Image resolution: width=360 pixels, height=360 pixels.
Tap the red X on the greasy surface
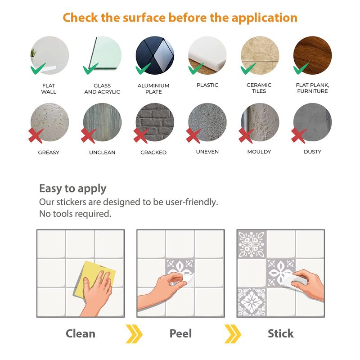tap(36, 135)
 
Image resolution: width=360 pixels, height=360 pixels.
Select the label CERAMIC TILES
tap(259, 88)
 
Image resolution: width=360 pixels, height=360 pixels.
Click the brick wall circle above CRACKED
tap(155, 122)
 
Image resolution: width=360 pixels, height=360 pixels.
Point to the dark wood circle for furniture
tap(312, 55)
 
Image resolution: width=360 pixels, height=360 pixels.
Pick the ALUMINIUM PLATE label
tap(153, 89)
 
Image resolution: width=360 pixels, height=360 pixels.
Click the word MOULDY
tap(259, 152)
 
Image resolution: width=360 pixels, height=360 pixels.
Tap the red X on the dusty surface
tap(299, 135)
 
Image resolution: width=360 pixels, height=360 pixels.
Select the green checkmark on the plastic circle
tap(195, 68)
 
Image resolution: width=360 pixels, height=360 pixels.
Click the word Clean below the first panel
tap(81, 333)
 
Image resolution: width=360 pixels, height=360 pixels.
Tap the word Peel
tap(180, 333)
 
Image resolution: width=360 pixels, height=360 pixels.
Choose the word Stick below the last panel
tap(280, 333)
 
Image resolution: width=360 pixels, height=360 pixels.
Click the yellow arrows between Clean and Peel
tap(134, 334)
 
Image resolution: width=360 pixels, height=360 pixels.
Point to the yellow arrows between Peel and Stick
tap(233, 334)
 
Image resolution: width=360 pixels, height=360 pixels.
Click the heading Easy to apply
tap(73, 189)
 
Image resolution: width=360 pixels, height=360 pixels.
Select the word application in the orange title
tap(265, 18)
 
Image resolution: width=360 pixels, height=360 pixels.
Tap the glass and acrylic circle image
tap(102, 55)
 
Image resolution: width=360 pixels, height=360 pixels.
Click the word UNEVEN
tap(207, 152)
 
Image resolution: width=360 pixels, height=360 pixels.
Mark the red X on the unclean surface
tap(88, 135)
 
